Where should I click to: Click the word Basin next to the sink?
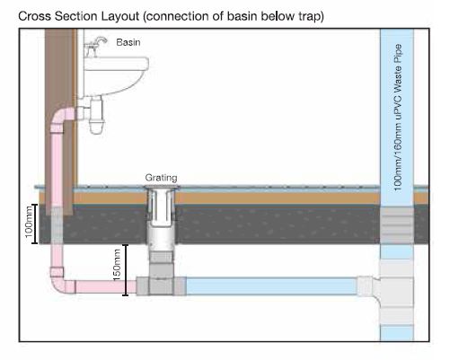point(128,42)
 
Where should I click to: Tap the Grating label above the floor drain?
point(161,178)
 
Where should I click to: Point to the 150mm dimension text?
point(117,265)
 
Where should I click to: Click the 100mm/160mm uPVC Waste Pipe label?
point(398,118)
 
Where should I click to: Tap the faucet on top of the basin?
point(95,47)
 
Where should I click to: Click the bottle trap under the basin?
point(96,115)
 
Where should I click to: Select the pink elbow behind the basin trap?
point(61,119)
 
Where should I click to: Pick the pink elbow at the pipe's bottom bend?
point(60,282)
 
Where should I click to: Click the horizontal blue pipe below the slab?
point(271,286)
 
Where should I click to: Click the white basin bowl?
point(116,76)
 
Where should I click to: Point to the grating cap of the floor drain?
point(162,188)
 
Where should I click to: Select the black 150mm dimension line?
point(126,270)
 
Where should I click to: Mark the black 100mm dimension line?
point(35,224)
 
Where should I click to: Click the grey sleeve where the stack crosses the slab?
point(397,225)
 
